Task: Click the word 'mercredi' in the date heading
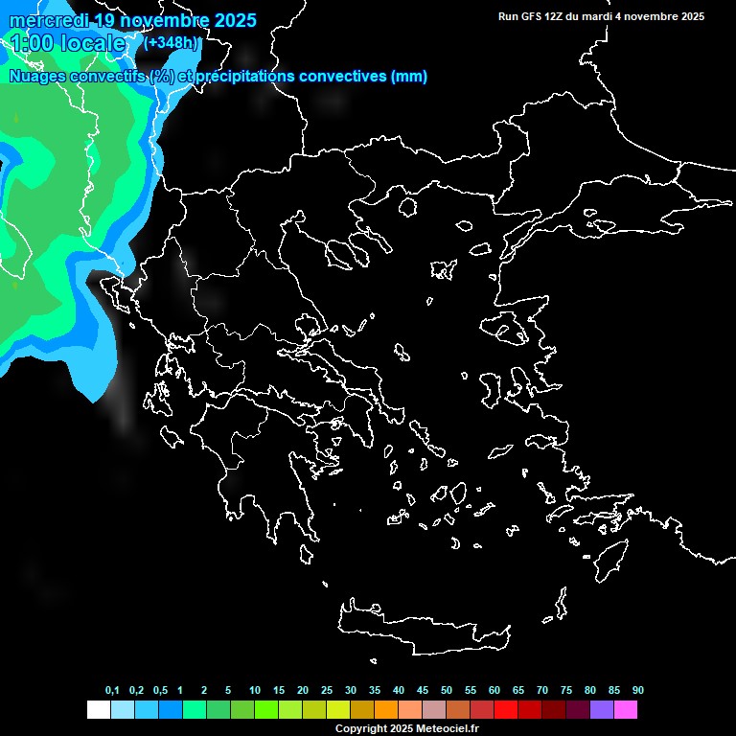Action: click(48, 20)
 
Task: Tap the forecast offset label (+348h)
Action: click(172, 43)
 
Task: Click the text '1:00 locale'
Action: click(67, 43)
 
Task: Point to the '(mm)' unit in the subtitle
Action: click(409, 77)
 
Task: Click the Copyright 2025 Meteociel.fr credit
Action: click(406, 729)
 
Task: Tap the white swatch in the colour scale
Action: click(98, 710)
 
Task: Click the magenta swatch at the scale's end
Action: click(625, 710)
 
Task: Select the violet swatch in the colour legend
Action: click(601, 710)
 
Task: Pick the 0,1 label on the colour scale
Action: click(112, 691)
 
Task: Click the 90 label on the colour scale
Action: click(637, 691)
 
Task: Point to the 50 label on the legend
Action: click(447, 691)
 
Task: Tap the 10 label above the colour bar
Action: click(254, 691)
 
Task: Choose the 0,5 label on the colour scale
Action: click(160, 691)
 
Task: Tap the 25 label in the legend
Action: click(327, 691)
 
